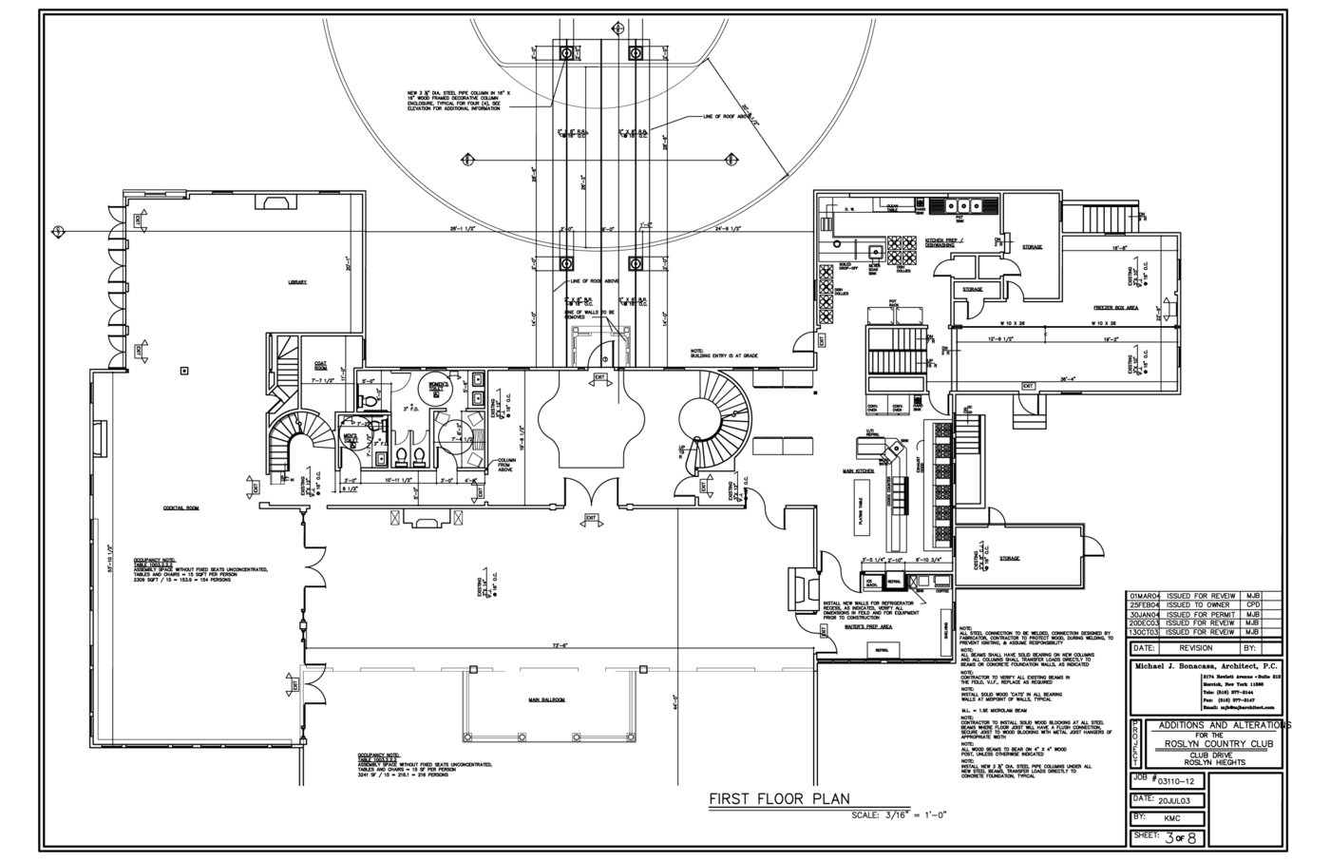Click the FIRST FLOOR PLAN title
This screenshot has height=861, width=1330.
(779, 799)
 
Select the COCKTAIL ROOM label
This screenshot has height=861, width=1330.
(180, 508)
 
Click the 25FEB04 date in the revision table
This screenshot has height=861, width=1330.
(1147, 604)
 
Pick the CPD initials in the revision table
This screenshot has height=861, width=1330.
(1253, 604)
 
